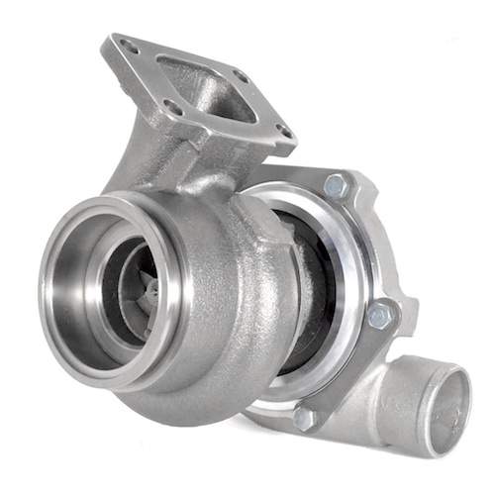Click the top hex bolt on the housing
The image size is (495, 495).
(x=335, y=185)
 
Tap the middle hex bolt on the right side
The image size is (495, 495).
(x=380, y=315)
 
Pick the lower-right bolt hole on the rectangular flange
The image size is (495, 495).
(x=284, y=130)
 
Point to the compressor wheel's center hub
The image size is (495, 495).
(x=148, y=290)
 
